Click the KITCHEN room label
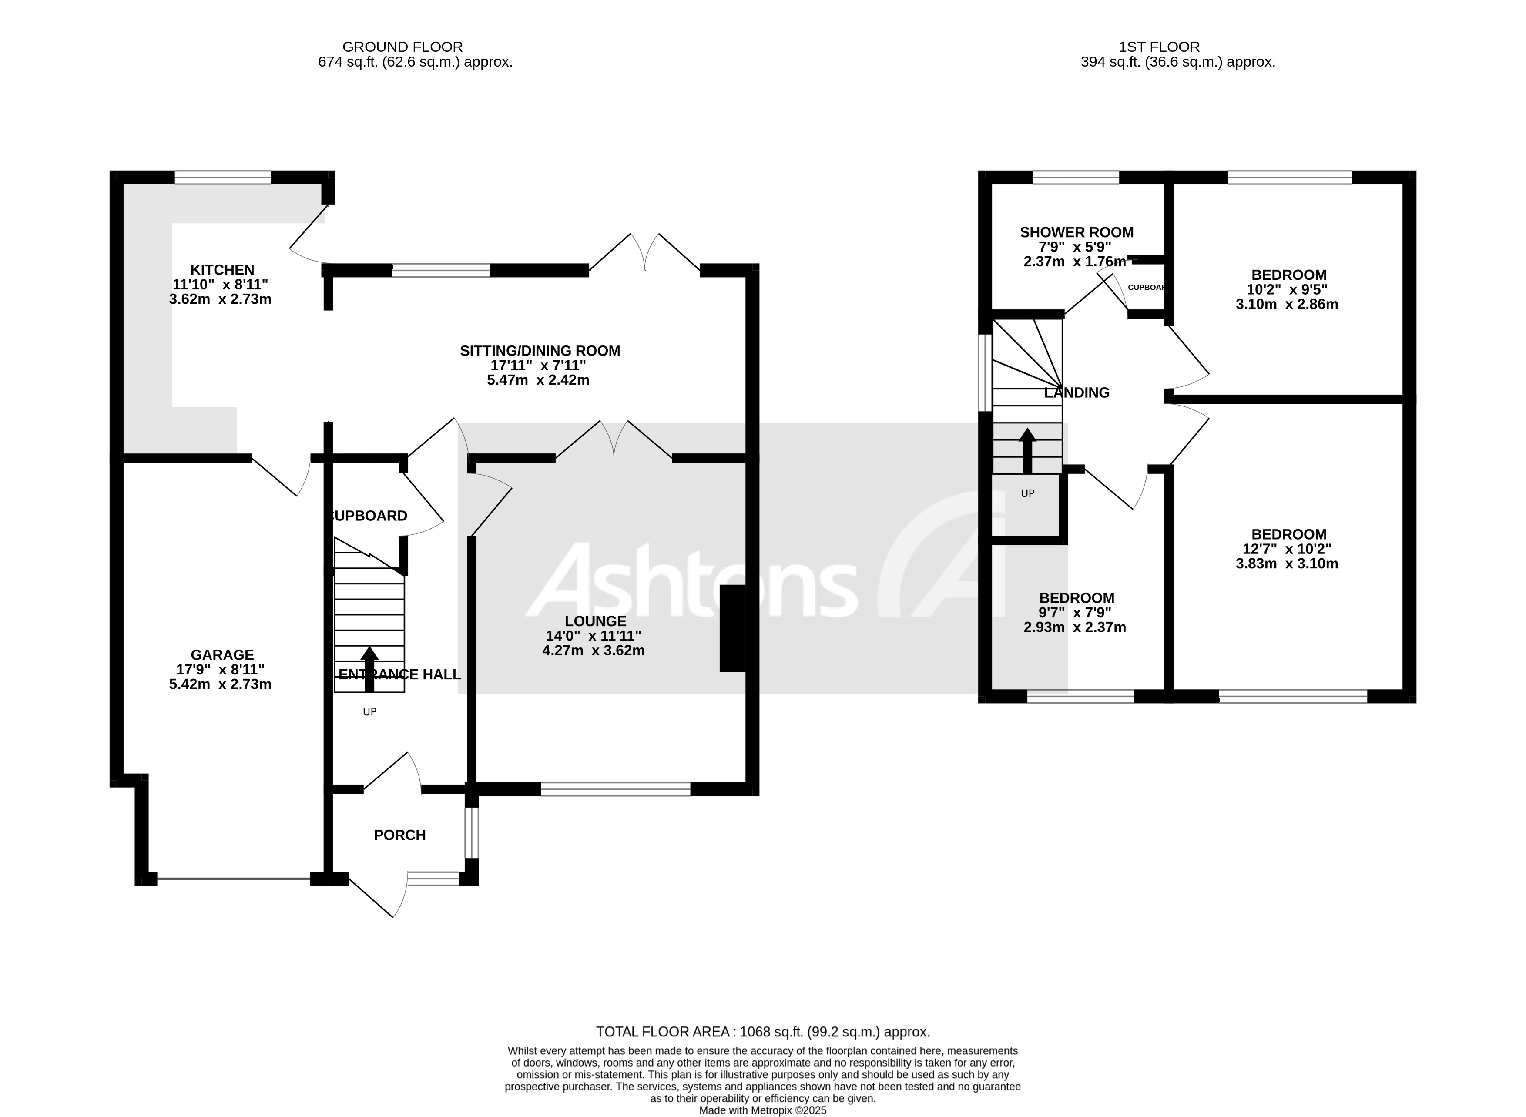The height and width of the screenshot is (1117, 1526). [x=222, y=270]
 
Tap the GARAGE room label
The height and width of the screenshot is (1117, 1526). [x=222, y=654]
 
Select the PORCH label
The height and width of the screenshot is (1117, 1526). [x=399, y=835]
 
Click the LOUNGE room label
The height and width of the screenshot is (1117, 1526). [x=595, y=621]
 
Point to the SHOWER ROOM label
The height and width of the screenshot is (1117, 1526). [x=1077, y=232]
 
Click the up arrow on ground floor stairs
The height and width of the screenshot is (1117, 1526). [x=369, y=669]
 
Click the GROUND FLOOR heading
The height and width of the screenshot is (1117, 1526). [x=402, y=47]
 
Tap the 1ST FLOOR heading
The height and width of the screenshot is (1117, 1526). [x=1159, y=47]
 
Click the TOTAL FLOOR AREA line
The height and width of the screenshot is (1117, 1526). [x=763, y=1032]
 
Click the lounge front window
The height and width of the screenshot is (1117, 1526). [x=615, y=788]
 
